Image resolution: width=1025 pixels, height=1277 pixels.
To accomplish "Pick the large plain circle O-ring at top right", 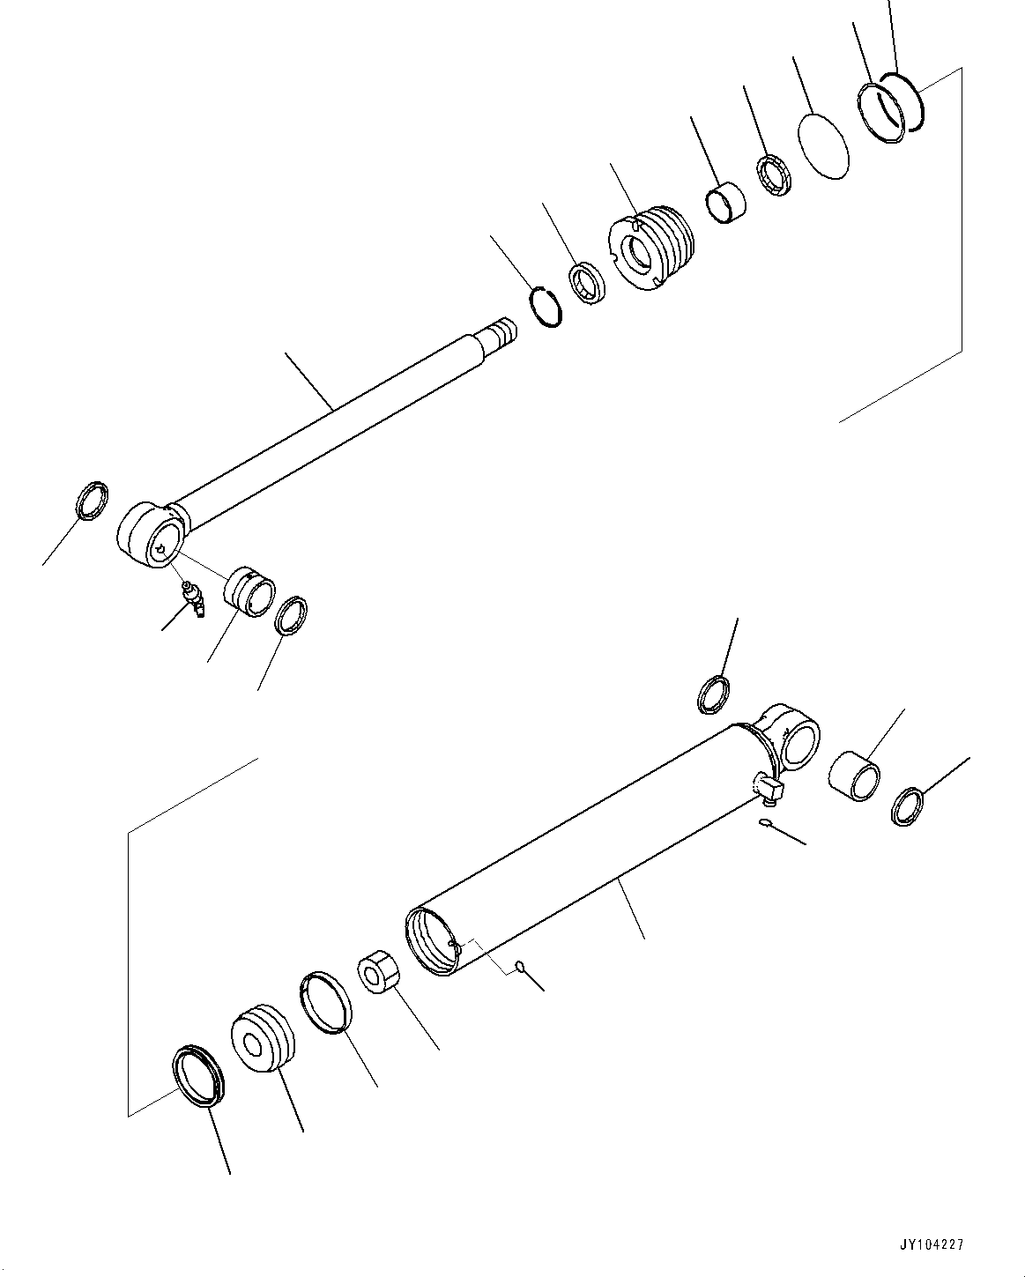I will [823, 145].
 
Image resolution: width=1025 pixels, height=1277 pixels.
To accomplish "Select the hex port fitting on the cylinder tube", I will [766, 784].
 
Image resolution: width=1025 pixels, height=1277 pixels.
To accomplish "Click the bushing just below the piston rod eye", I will [249, 591].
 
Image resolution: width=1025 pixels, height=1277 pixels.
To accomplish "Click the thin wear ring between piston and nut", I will [326, 1001].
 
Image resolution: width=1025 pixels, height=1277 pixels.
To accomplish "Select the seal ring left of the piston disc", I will [198, 1073].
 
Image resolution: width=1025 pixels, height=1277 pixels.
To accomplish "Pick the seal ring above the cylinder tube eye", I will [714, 694].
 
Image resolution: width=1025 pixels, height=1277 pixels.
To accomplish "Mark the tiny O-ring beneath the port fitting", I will [765, 823].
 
